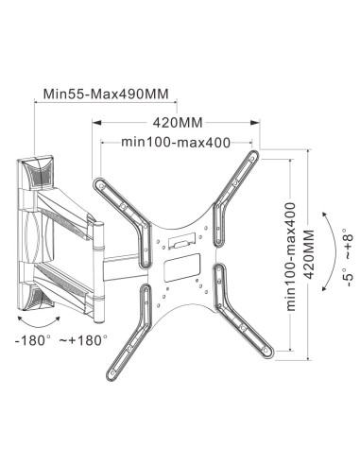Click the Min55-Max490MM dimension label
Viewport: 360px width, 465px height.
click(x=106, y=94)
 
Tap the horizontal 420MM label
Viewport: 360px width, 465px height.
click(x=178, y=123)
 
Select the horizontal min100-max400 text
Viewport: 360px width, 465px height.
click(x=176, y=143)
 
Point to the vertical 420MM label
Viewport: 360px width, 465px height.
click(x=309, y=254)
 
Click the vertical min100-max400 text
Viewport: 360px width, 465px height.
click(x=291, y=257)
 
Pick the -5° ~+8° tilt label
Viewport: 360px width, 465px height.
click(x=349, y=257)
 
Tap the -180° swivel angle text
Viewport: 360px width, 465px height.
click(x=33, y=340)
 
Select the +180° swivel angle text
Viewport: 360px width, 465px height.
click(x=84, y=340)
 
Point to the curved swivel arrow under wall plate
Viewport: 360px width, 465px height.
click(x=39, y=324)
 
